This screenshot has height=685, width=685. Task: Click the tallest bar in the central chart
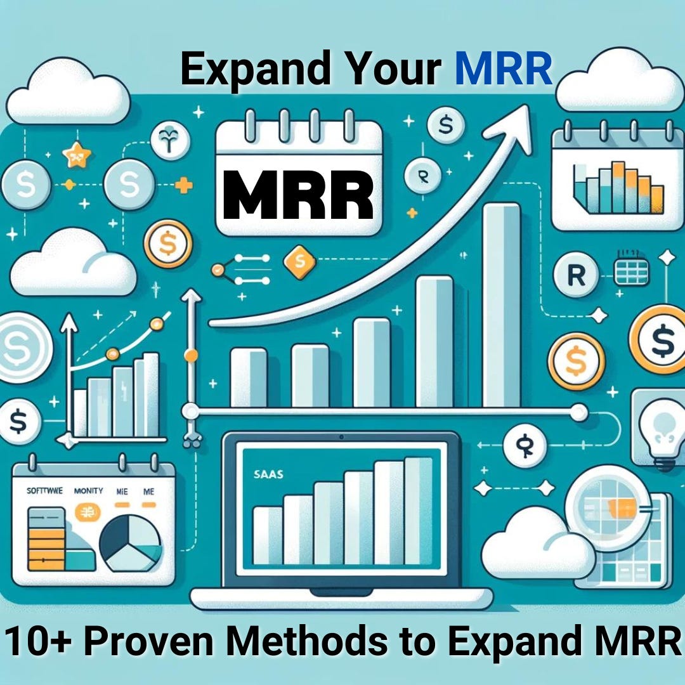[x=501, y=304]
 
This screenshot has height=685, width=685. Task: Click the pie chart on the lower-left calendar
[x=133, y=542]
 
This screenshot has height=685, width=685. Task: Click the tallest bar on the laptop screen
[x=418, y=510]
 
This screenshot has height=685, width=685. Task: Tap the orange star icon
[x=76, y=154]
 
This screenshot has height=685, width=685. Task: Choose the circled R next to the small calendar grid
[x=576, y=276]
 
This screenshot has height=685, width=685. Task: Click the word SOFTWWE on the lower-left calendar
[x=40, y=490]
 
